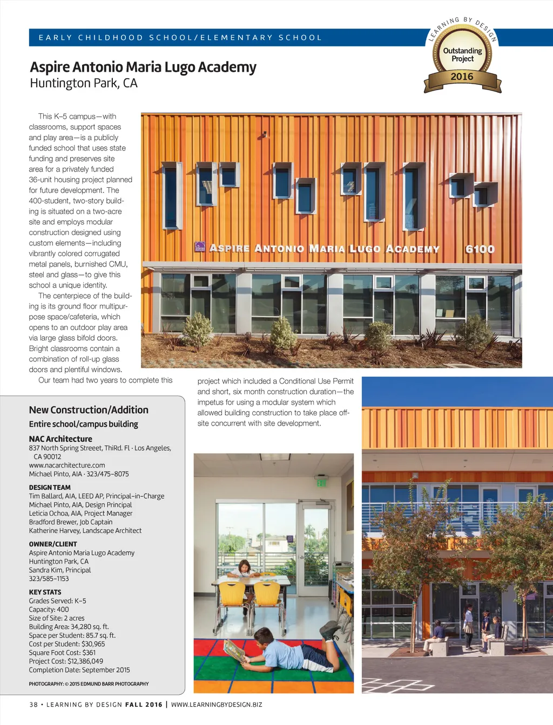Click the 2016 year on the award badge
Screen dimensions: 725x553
462,77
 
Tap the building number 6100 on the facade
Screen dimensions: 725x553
480,249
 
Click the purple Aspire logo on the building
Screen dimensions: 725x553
200,247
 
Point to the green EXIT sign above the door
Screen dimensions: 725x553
321,483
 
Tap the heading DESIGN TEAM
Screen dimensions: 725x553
50,487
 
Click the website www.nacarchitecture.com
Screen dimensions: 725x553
67,465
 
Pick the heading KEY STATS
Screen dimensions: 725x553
45,592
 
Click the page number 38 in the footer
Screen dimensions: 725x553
33,705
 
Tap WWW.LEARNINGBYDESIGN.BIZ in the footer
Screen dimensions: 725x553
217,705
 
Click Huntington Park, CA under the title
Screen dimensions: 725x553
84,83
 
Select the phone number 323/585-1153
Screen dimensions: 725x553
49,578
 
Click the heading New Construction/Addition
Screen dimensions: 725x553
89,410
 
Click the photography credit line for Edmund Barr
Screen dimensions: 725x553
89,683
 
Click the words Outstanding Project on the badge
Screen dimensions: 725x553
462,54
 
